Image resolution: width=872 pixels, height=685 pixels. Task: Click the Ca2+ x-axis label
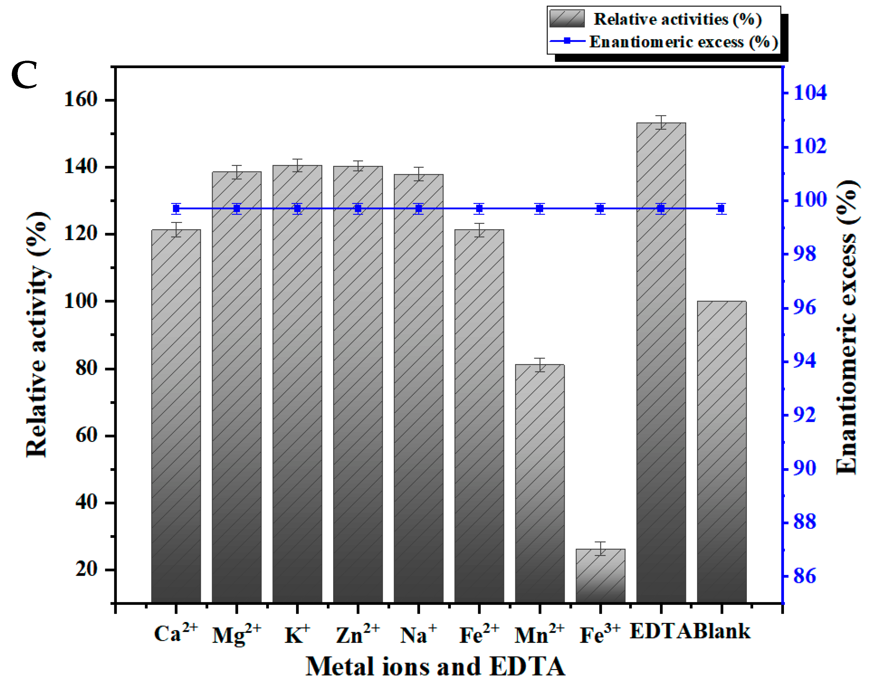[176, 633]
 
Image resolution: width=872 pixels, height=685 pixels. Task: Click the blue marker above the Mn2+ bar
[540, 208]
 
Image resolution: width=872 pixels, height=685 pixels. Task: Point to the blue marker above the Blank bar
[721, 208]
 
